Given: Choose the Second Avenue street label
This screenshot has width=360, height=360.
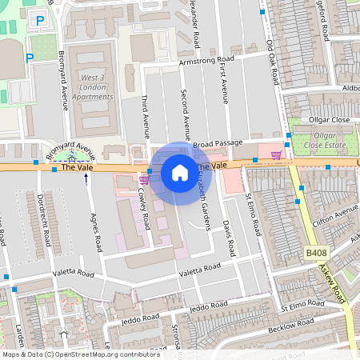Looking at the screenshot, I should pos(186,116).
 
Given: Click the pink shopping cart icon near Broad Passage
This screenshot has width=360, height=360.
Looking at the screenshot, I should pos(276,155).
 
